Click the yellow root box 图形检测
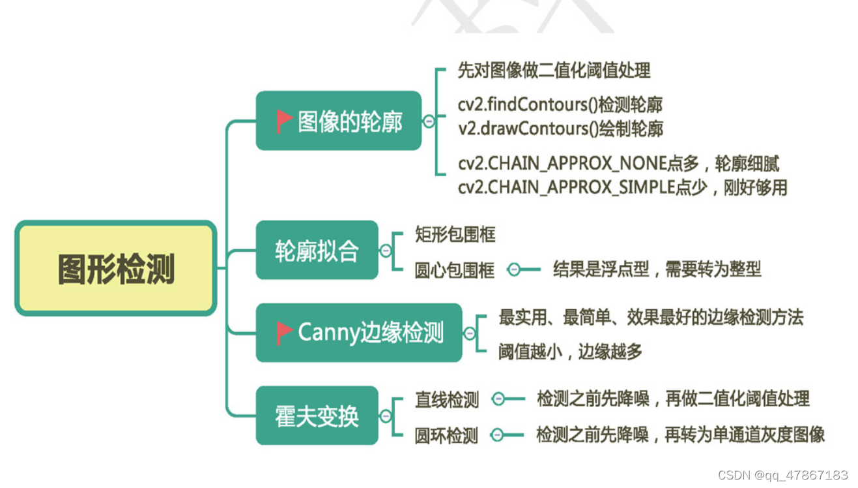[116, 268]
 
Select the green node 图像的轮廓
[338, 121]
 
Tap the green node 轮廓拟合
[317, 251]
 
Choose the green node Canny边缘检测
[359, 333]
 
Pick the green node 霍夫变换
[317, 416]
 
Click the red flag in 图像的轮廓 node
[284, 121]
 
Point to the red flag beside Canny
[284, 333]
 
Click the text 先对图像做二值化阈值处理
[554, 70]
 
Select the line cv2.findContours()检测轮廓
[560, 104]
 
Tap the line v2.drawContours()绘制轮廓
[560, 129]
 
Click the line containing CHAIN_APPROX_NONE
[618, 163]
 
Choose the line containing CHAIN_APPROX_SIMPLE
[622, 187]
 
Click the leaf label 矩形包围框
[455, 234]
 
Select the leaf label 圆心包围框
[455, 269]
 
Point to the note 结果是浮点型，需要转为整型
[657, 268]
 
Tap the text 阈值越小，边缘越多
[570, 351]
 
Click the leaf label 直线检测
[447, 399]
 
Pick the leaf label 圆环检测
[446, 435]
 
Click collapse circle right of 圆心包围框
[514, 269]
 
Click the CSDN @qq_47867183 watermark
[782, 475]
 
